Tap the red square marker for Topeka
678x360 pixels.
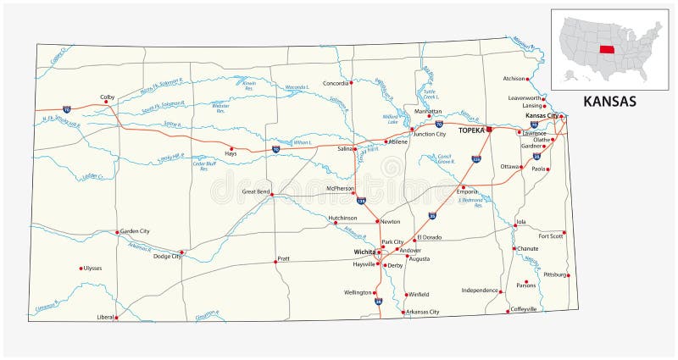tap(489, 130)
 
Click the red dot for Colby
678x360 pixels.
tap(106, 102)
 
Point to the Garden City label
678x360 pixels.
tap(135, 230)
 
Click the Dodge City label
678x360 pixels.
tap(165, 256)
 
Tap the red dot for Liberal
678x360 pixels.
tap(116, 318)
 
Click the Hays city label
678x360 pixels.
tap(230, 154)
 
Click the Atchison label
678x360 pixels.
tap(514, 78)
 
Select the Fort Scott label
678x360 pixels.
tap(551, 235)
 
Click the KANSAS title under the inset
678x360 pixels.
tap(609, 102)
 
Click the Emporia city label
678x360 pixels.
tap(468, 191)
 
